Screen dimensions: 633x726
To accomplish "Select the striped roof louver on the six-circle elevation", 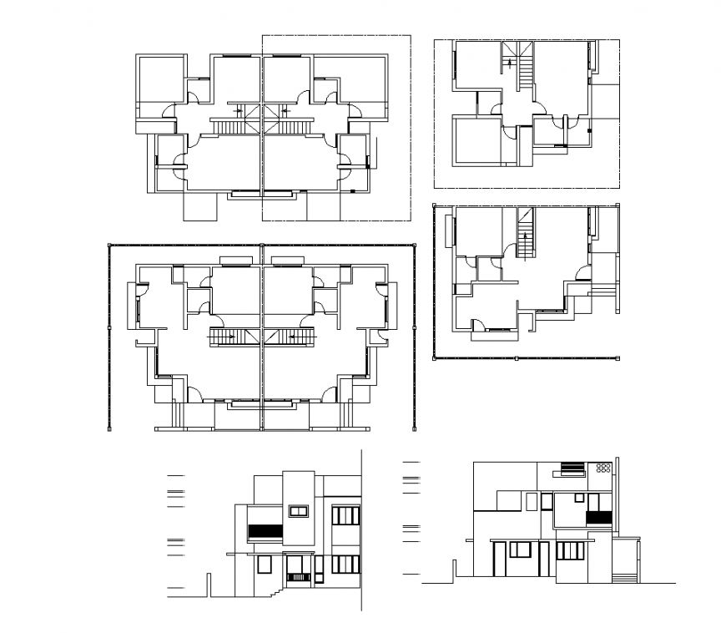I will (x=572, y=468).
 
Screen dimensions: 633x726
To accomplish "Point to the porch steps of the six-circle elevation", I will (x=623, y=577).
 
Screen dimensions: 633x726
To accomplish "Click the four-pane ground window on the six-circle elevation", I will (x=571, y=550).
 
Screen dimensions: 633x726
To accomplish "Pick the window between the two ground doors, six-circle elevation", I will (x=519, y=549).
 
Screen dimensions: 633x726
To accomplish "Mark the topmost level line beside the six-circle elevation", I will (x=410, y=460).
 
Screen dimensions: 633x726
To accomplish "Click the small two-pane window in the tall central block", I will (x=298, y=510).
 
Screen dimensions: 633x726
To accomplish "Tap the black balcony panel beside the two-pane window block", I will (x=264, y=530).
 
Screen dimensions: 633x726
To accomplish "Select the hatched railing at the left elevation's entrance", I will (x=298, y=576).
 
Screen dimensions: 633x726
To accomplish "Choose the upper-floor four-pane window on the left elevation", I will (x=345, y=514).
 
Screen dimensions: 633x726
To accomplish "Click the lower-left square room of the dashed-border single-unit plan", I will (x=474, y=140).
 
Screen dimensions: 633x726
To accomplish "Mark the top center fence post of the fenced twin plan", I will (x=262, y=246).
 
